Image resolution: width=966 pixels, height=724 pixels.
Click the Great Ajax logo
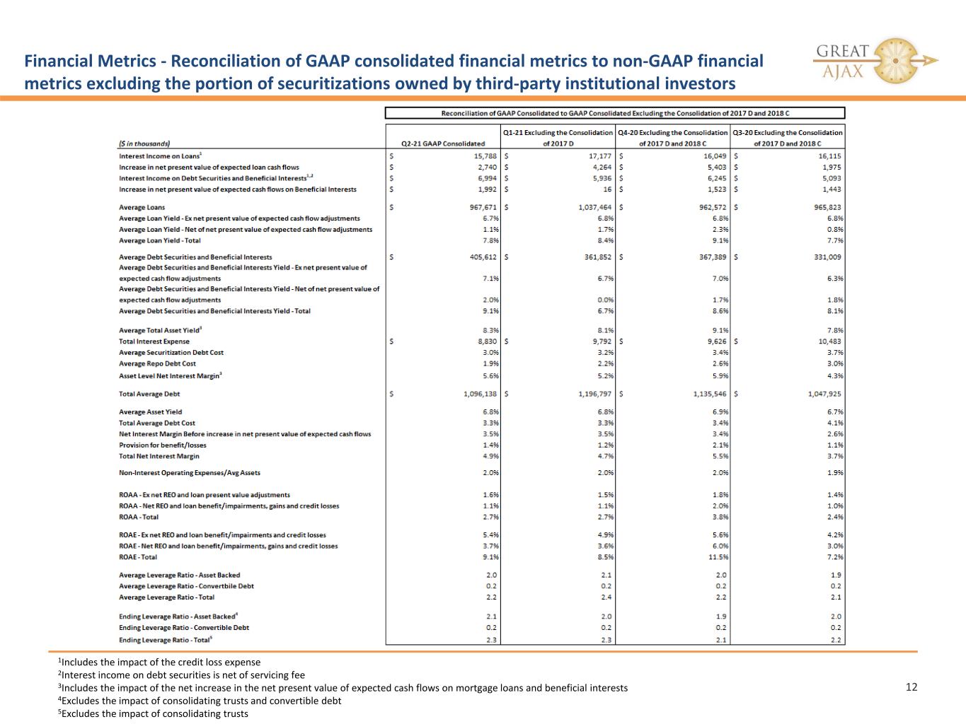coord(875,61)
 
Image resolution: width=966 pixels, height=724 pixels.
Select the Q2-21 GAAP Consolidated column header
coord(443,144)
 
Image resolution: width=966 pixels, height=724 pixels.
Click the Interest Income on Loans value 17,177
coord(600,156)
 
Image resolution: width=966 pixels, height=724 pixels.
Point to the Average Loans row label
coord(142,207)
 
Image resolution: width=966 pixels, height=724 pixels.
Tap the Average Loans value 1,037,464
coord(595,207)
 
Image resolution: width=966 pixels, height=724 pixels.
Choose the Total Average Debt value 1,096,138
coord(480,395)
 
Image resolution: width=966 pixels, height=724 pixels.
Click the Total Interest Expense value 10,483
coord(829,341)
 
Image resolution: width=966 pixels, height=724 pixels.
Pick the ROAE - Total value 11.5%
coord(719,557)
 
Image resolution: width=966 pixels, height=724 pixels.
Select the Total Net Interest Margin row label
coord(159,456)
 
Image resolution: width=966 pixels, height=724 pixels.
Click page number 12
coord(912,687)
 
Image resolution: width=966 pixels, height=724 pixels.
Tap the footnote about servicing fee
coord(181,675)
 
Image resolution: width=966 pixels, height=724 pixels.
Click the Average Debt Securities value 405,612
coord(483,257)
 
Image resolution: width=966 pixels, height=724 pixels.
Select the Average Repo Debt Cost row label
coord(157,363)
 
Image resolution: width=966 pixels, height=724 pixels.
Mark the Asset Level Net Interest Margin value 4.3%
coord(835,376)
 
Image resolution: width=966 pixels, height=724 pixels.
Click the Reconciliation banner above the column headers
coord(615,113)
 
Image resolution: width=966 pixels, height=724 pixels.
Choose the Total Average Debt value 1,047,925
coord(824,395)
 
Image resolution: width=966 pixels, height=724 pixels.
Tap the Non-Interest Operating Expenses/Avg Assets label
coord(189,473)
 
